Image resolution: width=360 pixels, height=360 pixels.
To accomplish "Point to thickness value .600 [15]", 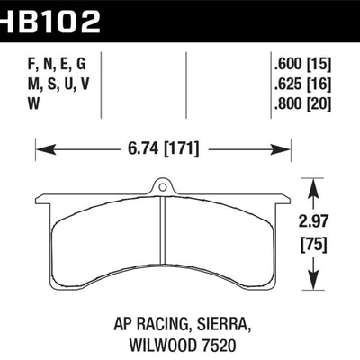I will point(303,67).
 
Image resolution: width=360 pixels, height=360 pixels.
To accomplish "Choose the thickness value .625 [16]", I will point(303,85).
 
